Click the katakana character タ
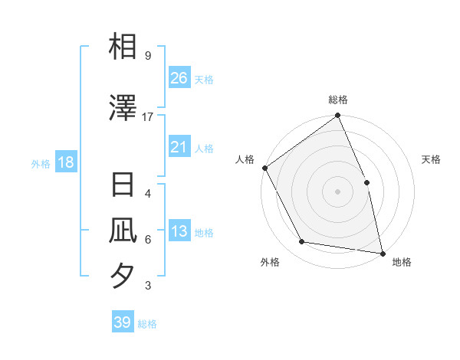pyautogui.click(x=123, y=275)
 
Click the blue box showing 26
pyautogui.click(x=179, y=78)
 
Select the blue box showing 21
pyautogui.click(x=179, y=147)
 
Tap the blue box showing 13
pyautogui.click(x=179, y=232)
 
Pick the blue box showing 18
pyautogui.click(x=65, y=162)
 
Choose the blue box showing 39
pyautogui.click(x=123, y=322)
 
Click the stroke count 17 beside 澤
pyautogui.click(x=148, y=117)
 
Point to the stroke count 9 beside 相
pyautogui.click(x=148, y=56)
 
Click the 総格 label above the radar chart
pyautogui.click(x=338, y=100)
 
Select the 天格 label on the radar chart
pyautogui.click(x=431, y=159)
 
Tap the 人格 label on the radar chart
pyautogui.click(x=245, y=159)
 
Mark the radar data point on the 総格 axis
pyautogui.click(x=338, y=116)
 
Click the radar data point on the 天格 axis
pyautogui.click(x=366, y=182)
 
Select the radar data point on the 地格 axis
pyautogui.click(x=383, y=253)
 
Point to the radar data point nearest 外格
pyautogui.click(x=302, y=242)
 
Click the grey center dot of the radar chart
pyautogui.click(x=338, y=191)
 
